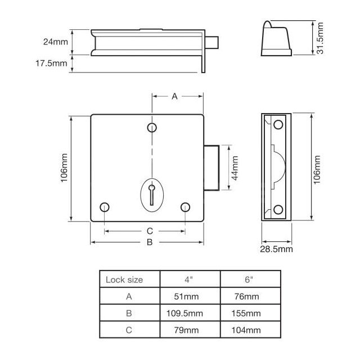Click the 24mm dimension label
tap(56, 42)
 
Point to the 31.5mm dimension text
tap(320, 38)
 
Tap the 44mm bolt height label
tap(235, 168)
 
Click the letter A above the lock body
tap(174, 97)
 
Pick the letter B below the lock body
tap(149, 242)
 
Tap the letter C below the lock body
tap(149, 231)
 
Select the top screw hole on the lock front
tap(152, 128)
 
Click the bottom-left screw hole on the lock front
tap(103, 206)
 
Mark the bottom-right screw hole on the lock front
tap(186, 206)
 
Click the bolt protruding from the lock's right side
tap(212, 168)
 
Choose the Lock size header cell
tap(124, 280)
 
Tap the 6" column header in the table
tap(249, 280)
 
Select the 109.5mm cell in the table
tap(191, 313)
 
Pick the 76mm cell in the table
tap(249, 296)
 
